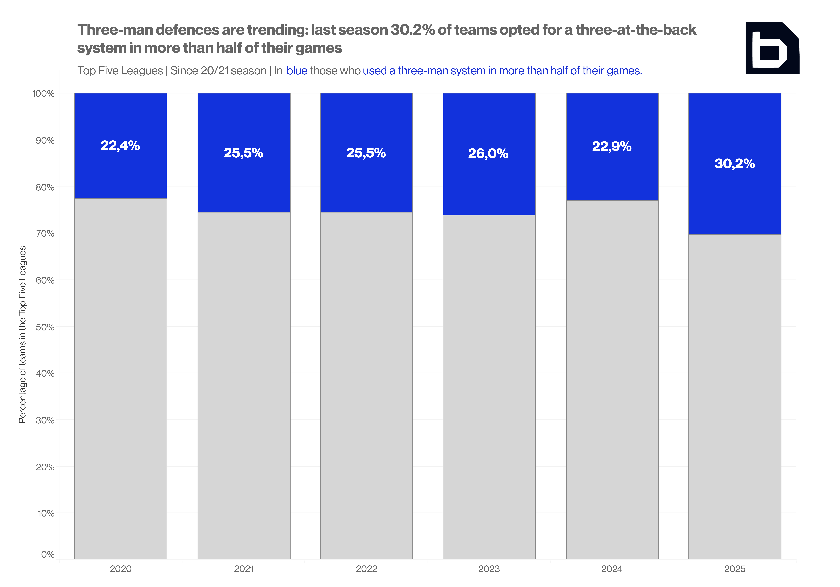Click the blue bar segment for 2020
click(121, 146)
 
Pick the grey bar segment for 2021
click(244, 386)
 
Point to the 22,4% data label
click(120, 146)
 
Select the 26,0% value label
click(488, 153)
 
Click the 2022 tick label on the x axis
click(367, 569)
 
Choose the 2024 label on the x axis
click(612, 569)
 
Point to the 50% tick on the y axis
click(45, 327)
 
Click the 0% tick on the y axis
click(48, 554)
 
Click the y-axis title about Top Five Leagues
click(22, 335)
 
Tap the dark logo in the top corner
click(772, 48)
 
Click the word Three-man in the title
click(115, 30)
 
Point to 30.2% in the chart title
click(413, 30)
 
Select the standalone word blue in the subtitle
click(297, 71)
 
